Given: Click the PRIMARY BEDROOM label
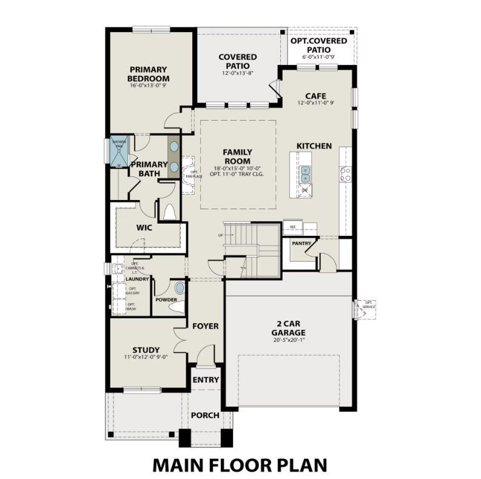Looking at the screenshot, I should click(x=149, y=74).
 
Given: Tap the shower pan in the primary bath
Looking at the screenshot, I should click(x=118, y=152).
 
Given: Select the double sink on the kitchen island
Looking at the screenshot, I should click(x=306, y=175).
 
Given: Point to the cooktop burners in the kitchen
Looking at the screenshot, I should click(x=346, y=175).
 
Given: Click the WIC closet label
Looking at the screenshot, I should click(x=144, y=227).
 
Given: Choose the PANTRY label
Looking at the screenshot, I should click(x=301, y=244).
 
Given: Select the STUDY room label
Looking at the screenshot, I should click(x=146, y=350).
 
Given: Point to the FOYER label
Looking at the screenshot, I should click(x=205, y=326).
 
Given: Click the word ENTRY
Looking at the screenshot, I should click(x=206, y=380).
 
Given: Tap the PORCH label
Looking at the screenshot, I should click(x=205, y=415).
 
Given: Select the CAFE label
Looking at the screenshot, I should click(x=316, y=96).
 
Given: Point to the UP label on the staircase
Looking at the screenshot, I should click(x=221, y=234).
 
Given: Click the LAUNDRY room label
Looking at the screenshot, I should click(x=138, y=279).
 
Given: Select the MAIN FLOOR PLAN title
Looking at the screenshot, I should click(x=240, y=464).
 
